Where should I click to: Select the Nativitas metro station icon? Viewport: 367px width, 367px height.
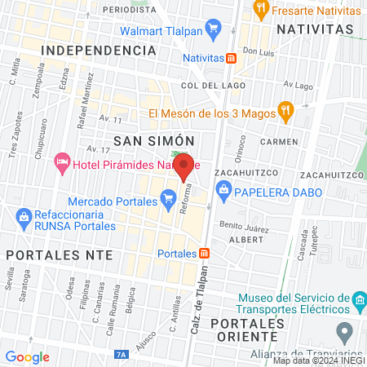click(232, 59)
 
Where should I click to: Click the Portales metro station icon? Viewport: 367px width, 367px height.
click(205, 253)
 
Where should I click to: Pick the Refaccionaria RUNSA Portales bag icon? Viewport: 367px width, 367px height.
click(24, 216)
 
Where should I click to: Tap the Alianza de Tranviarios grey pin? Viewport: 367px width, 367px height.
click(345, 332)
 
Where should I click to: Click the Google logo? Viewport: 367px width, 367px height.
click(27, 356)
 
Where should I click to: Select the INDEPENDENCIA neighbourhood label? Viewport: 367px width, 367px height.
click(98, 50)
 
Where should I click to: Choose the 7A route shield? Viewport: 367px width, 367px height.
click(121, 355)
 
